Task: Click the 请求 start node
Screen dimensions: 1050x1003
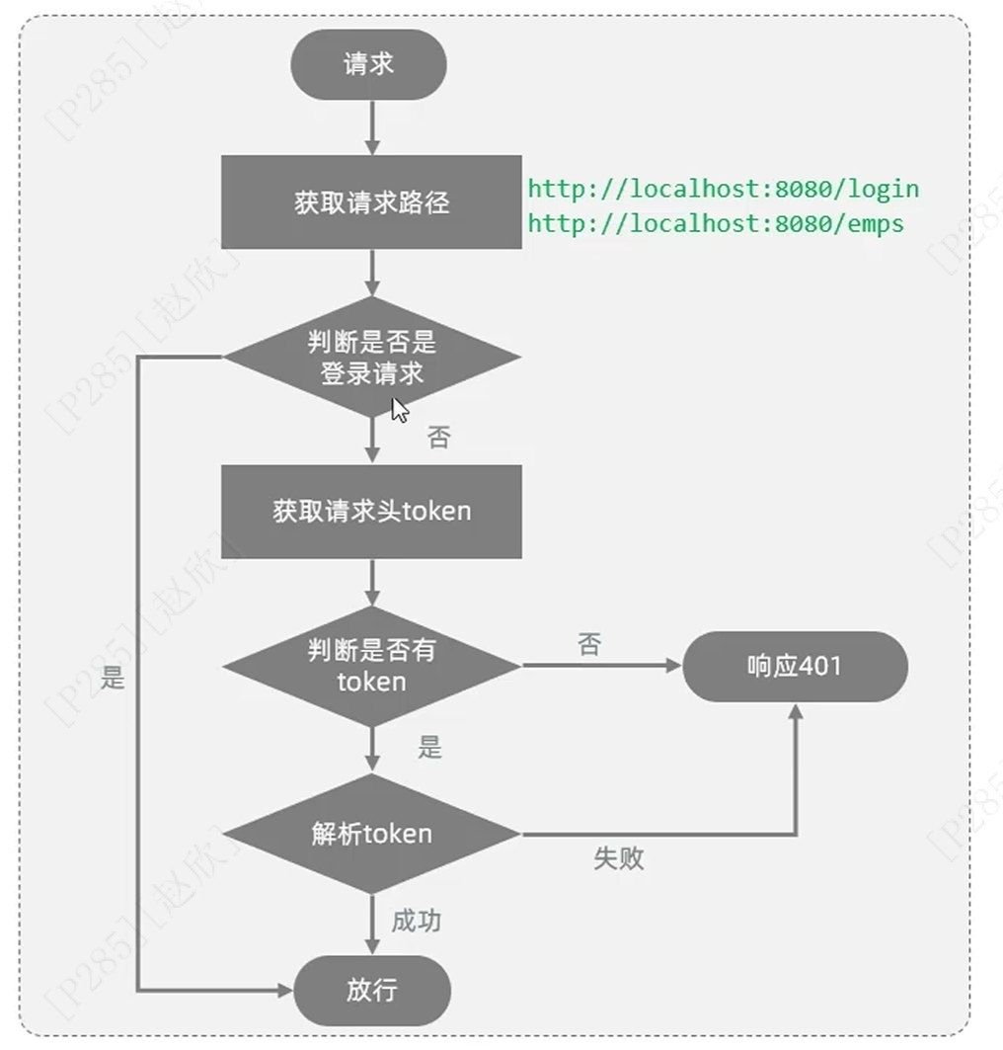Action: (368, 64)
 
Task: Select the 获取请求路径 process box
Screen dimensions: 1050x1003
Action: (371, 202)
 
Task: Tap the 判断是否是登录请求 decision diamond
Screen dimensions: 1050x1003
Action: (371, 357)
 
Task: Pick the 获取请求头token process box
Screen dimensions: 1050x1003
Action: (371, 512)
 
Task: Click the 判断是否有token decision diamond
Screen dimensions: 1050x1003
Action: (371, 666)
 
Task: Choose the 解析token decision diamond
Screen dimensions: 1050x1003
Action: (371, 834)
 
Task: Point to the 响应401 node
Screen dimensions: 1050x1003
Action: (795, 666)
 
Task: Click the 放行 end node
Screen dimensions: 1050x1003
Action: (372, 990)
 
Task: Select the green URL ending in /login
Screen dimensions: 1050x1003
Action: (723, 188)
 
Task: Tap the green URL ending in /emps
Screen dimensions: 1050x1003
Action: (716, 223)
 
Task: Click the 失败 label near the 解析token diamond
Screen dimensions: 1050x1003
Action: (619, 857)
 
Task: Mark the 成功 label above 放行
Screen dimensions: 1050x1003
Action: (416, 922)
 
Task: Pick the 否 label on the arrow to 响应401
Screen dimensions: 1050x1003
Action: (589, 646)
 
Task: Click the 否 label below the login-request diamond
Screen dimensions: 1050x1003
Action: (438, 438)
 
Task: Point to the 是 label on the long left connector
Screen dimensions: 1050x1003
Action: (114, 679)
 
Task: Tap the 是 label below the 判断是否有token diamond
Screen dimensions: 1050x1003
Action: (429, 748)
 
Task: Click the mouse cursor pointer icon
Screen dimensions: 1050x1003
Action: (399, 410)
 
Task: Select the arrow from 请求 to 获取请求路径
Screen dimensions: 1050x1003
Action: (372, 126)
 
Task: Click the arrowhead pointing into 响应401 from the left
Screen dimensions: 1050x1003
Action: (674, 666)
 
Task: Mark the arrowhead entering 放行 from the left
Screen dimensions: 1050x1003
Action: (286, 990)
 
